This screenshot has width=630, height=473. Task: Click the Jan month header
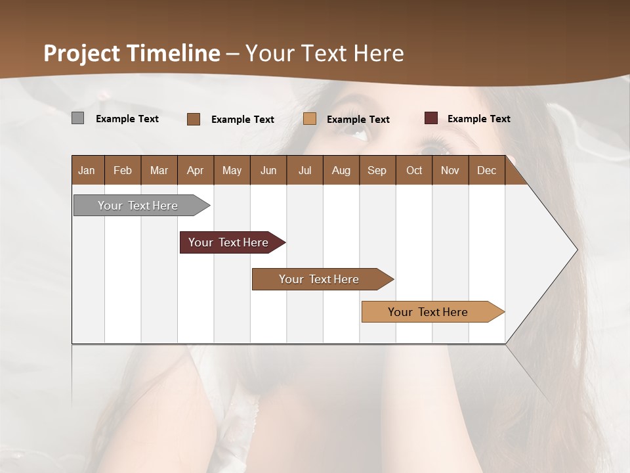pyautogui.click(x=87, y=170)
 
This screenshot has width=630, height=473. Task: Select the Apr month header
pyautogui.click(x=196, y=170)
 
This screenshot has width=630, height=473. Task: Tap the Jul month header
pyautogui.click(x=304, y=170)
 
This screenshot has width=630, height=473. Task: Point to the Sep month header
pyautogui.click(x=377, y=170)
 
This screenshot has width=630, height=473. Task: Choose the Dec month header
pyautogui.click(x=486, y=170)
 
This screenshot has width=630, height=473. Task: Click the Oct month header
pyautogui.click(x=414, y=170)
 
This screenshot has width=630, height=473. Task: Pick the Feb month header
pyautogui.click(x=123, y=170)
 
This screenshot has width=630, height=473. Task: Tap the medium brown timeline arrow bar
pyautogui.click(x=320, y=279)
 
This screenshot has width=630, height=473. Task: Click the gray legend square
pyautogui.click(x=77, y=118)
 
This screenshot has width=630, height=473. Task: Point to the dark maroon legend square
pyautogui.click(x=430, y=118)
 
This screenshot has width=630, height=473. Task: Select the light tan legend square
pyautogui.click(x=310, y=119)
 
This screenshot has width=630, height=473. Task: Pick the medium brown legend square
pyautogui.click(x=194, y=119)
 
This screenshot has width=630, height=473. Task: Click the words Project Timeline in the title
pyautogui.click(x=131, y=53)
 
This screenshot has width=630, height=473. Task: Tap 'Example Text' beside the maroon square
pyautogui.click(x=478, y=119)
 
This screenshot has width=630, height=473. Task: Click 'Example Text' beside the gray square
pyautogui.click(x=127, y=119)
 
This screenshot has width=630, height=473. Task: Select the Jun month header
pyautogui.click(x=268, y=170)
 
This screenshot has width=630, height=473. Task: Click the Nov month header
pyautogui.click(x=450, y=170)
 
